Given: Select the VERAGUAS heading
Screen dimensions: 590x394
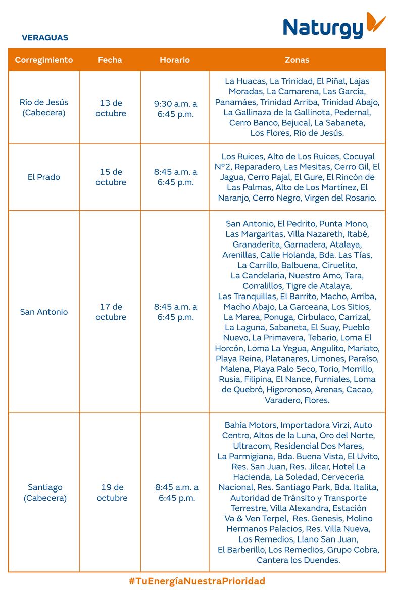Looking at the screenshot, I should (45, 38).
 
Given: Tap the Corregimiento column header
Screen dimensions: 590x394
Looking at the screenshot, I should (44, 60).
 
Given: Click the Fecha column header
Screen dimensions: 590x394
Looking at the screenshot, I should (110, 60).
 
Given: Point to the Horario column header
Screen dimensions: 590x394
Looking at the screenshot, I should (175, 60).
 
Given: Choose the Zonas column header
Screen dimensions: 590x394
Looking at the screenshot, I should (297, 60).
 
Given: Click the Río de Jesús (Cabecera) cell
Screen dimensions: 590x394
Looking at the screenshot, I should (44, 107).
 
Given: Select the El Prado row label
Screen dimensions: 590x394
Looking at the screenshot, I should (44, 177).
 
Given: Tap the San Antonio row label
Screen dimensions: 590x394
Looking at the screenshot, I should (44, 312).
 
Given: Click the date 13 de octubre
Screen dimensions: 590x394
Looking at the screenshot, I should (111, 108).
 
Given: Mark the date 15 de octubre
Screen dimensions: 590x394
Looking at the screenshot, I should (111, 177).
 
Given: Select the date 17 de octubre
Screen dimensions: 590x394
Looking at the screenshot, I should (111, 312).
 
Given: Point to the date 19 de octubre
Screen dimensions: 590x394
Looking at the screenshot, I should (112, 493).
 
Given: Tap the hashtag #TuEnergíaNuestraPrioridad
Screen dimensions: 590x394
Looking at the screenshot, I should (197, 581).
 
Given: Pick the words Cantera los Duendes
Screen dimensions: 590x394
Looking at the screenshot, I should (298, 560).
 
